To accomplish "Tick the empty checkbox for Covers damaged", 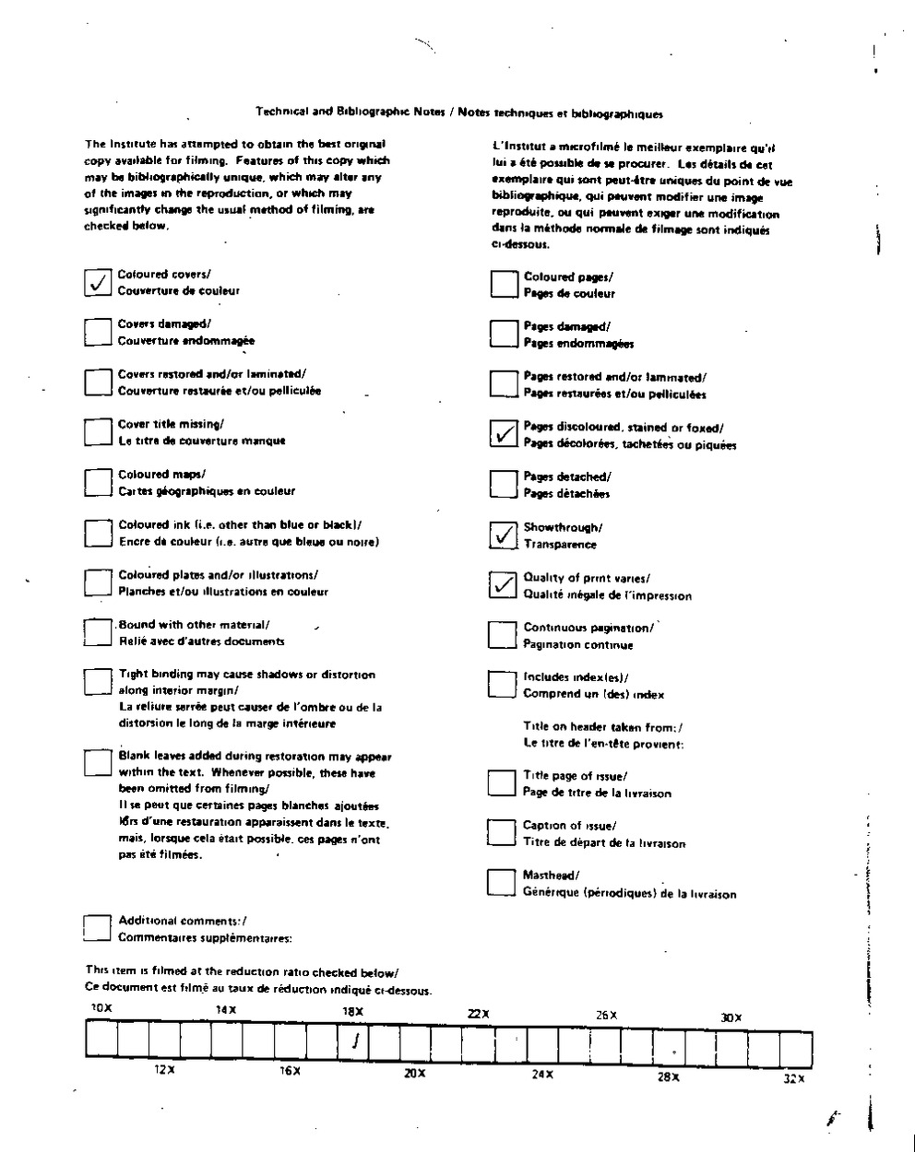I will coord(97,332).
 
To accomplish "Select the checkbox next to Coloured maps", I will coord(98,482).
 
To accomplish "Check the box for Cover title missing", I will coord(97,432).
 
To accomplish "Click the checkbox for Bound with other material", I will coord(97,632).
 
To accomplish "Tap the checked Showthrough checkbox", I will coord(503,535).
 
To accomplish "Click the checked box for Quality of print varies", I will coord(503,585).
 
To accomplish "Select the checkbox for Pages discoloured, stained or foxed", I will coord(503,434).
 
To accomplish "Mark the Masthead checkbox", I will coord(501,883).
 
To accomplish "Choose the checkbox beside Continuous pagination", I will coord(502,635).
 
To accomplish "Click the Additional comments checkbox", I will coord(97,928).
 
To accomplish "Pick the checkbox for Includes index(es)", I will coord(502,684).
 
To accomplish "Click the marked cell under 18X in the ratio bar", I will coord(355,1042).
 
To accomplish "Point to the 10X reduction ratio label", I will coord(101,1008).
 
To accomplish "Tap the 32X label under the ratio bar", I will coord(793,1078).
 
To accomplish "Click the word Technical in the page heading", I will coord(282,113).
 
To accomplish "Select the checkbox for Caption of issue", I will coord(501,833).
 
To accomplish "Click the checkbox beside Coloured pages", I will coord(504,284).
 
